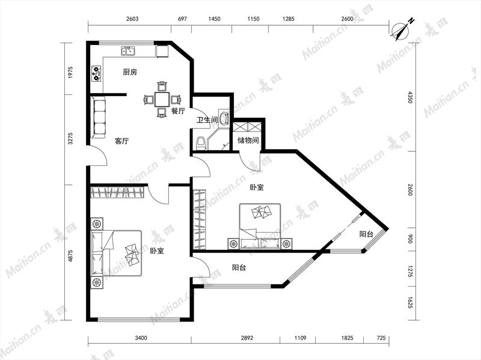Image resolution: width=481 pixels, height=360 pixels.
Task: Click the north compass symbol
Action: [401, 31]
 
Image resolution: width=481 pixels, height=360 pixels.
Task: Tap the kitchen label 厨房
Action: [130, 72]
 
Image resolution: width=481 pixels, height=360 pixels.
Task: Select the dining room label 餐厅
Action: [178, 111]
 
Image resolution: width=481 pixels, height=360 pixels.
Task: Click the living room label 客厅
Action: [121, 141]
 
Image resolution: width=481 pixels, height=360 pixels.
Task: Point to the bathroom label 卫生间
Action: [207, 120]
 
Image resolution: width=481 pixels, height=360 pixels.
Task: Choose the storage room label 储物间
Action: [248, 141]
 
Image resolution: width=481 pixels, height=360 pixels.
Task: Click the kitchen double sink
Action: [129, 50]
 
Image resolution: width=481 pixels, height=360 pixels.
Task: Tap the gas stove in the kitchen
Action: [96, 73]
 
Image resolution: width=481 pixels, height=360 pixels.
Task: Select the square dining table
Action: [162, 99]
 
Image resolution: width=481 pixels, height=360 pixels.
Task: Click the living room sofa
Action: [98, 117]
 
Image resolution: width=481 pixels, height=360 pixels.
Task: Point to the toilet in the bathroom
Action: [201, 143]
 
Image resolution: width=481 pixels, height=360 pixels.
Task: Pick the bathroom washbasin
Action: [224, 117]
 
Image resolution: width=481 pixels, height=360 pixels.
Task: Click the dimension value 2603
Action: [132, 19]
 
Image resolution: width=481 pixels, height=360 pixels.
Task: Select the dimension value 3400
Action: [141, 338]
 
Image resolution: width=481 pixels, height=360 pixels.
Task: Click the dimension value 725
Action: [381, 338]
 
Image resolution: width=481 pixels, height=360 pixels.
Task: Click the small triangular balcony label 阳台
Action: [366, 234]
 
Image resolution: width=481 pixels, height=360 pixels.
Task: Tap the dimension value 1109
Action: [300, 338]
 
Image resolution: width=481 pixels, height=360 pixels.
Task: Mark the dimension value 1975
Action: [70, 72]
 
